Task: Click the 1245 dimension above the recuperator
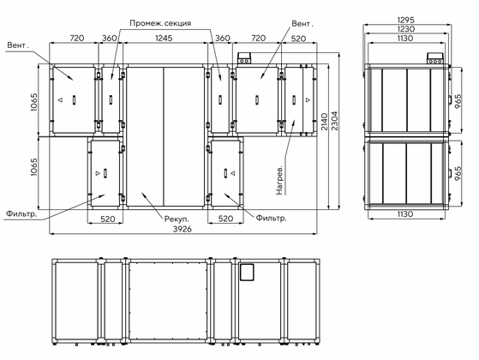click(x=164, y=38)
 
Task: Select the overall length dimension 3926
click(x=183, y=229)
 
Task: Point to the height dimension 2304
click(x=335, y=120)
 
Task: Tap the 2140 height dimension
click(x=325, y=122)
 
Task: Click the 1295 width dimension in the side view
click(x=405, y=20)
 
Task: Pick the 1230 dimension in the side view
click(x=405, y=29)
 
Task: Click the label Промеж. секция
click(x=160, y=23)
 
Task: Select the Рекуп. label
click(x=177, y=219)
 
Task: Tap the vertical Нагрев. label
click(x=279, y=181)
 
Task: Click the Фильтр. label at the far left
click(x=21, y=213)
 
